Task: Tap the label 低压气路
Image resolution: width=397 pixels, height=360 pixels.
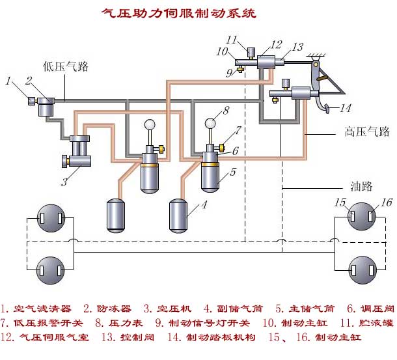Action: pos(66,66)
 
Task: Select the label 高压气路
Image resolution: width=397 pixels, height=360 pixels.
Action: pos(366,132)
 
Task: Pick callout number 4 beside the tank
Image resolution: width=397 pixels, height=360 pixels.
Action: pos(204,206)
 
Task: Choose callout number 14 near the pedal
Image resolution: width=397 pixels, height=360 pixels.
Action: pos(346,108)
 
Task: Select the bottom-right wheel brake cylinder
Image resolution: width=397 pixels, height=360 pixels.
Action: pos(362,268)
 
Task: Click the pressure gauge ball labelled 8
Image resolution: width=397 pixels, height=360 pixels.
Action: pos(211,123)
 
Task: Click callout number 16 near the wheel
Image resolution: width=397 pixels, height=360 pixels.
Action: pos(387,202)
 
